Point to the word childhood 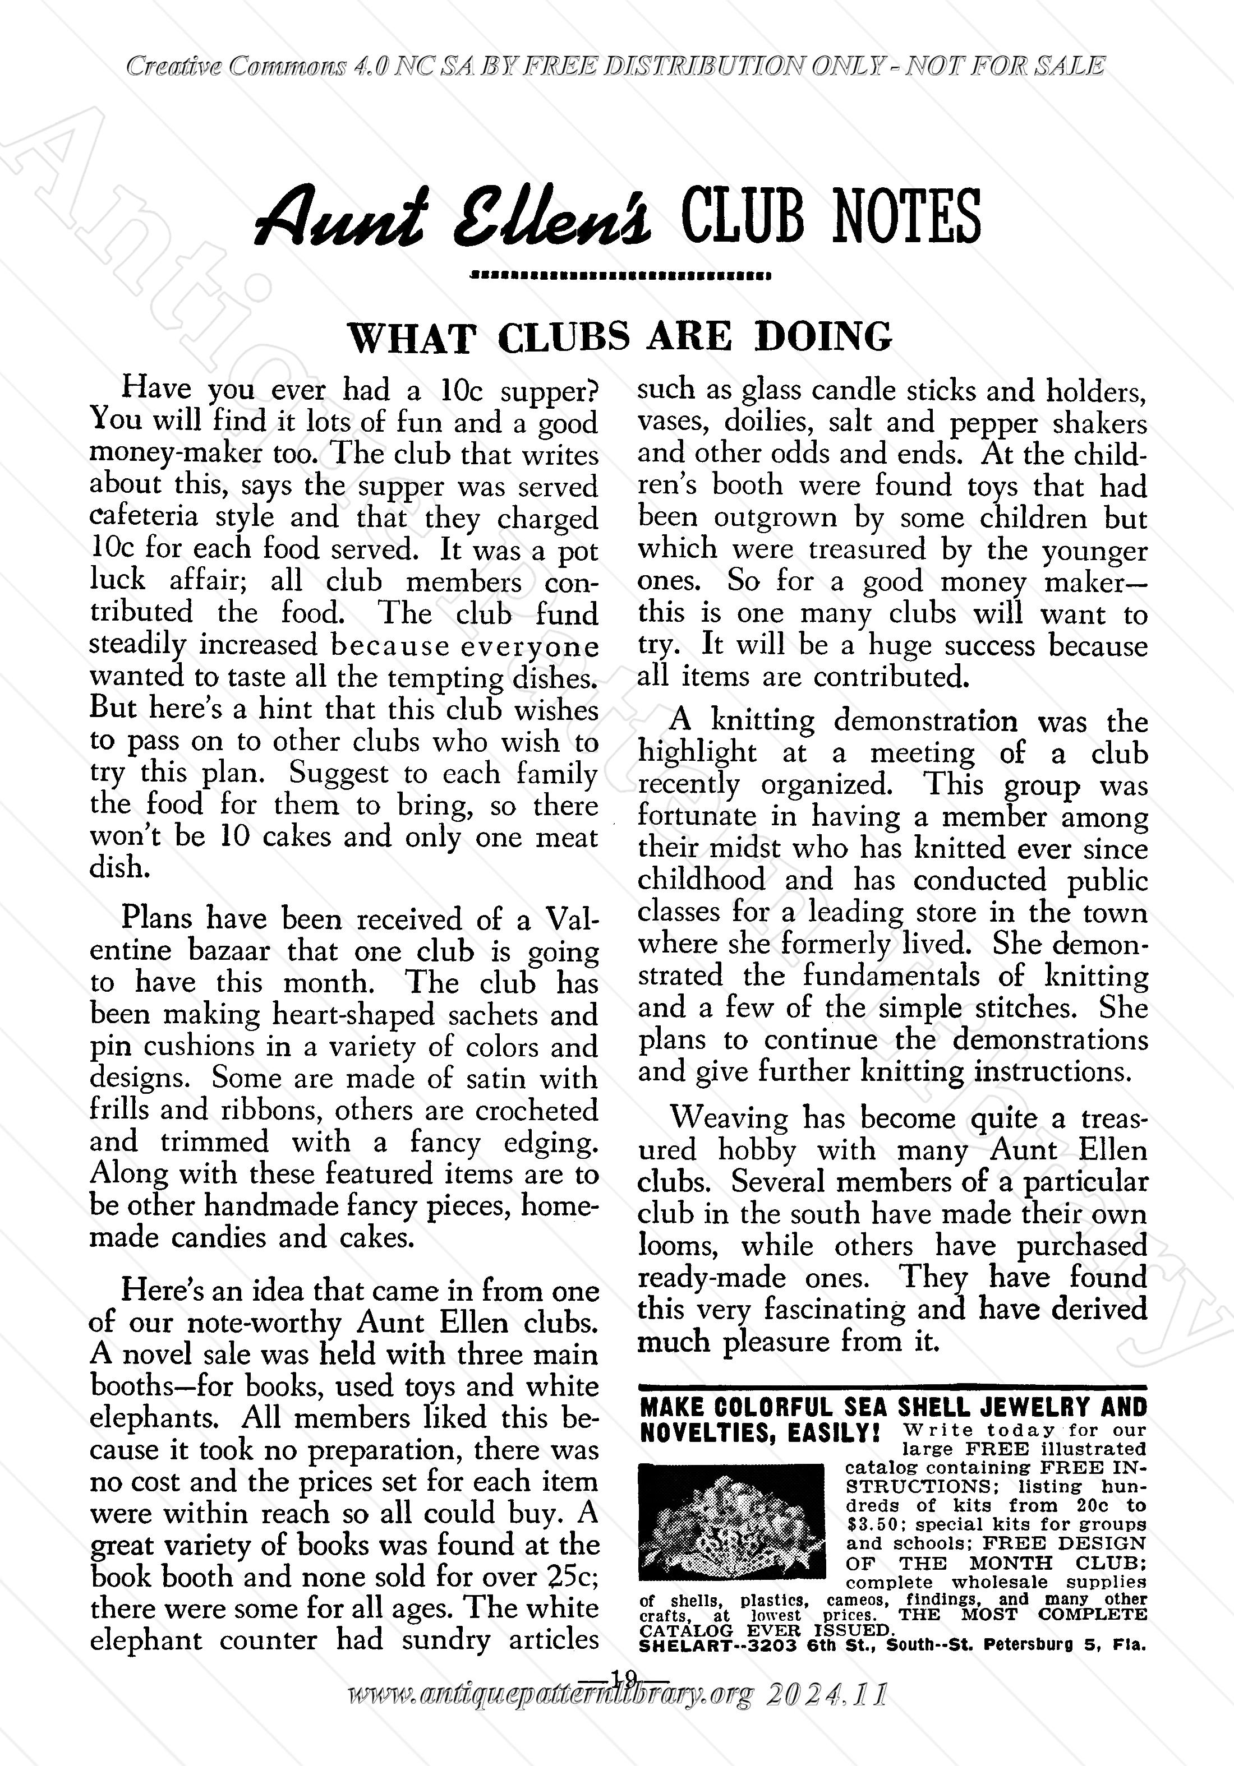coord(702,879)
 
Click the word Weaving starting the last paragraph coord(729,1117)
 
